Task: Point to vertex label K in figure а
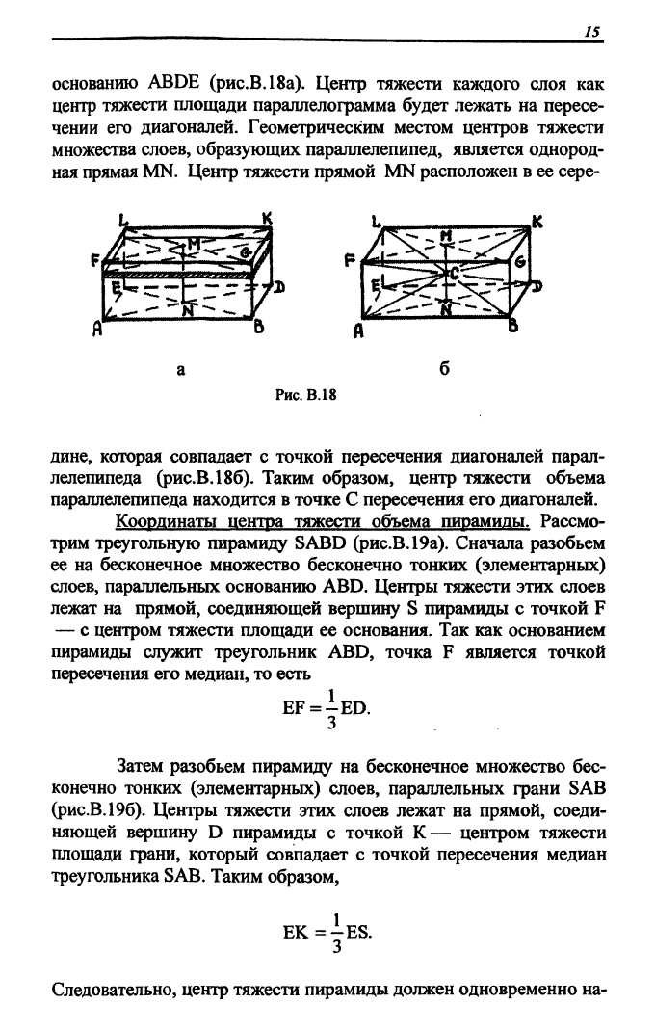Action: pyautogui.click(x=267, y=219)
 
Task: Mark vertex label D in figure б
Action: pyautogui.click(x=537, y=285)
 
